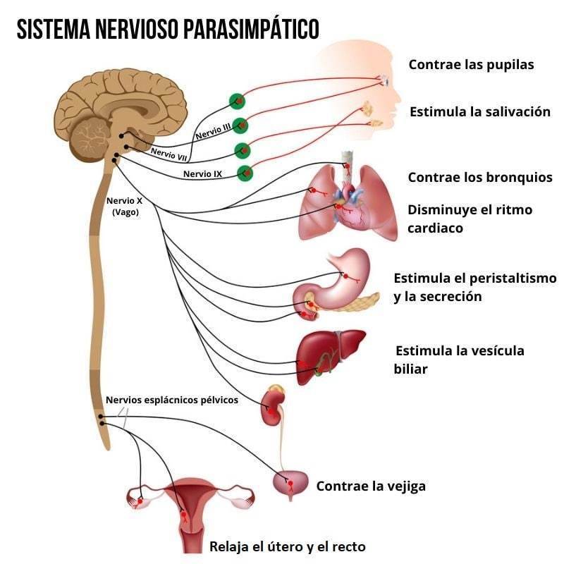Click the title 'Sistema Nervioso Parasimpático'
[168, 29]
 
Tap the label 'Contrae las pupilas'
[471, 65]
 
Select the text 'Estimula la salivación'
[479, 112]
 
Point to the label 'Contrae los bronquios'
[480, 178]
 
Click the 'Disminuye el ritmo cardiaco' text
[470, 219]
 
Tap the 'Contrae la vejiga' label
[371, 486]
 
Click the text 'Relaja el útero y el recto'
[288, 546]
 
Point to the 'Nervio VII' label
[168, 154]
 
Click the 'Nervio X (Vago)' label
[125, 206]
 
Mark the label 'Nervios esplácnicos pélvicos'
[172, 400]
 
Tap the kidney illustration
[272, 407]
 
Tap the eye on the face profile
[385, 81]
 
